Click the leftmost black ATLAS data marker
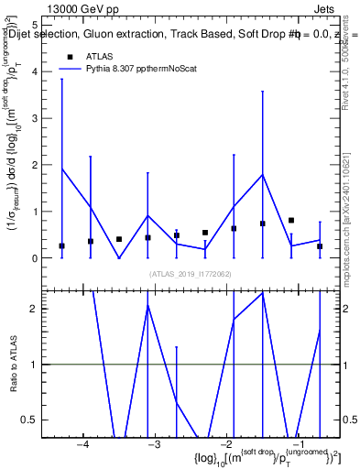coord(61,246)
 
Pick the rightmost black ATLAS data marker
coord(320,246)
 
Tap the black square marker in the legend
coord(70,57)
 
